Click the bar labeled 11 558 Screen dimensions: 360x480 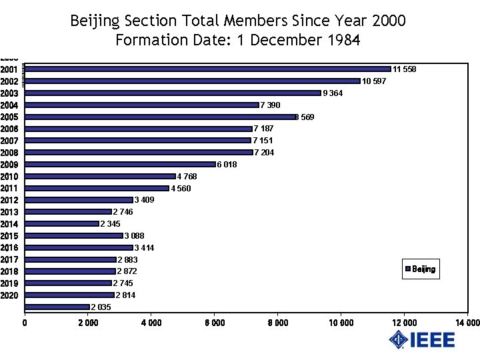point(207,69)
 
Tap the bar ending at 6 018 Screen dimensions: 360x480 point(120,164)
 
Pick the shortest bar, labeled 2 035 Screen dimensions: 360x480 point(57,307)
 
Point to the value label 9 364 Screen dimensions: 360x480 point(333,93)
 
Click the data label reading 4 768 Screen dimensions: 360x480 point(187,177)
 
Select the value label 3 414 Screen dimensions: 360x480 point(145,248)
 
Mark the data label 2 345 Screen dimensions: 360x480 point(111,224)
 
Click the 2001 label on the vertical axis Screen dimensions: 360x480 point(9,69)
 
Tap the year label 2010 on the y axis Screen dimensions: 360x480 point(9,177)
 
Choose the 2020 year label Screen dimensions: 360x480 point(9,295)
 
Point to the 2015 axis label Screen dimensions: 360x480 point(9,236)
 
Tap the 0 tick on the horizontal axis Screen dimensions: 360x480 point(25,323)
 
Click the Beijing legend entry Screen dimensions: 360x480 point(421,269)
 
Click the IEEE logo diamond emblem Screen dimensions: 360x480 point(399,340)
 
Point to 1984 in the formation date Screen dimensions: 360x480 point(343,40)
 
